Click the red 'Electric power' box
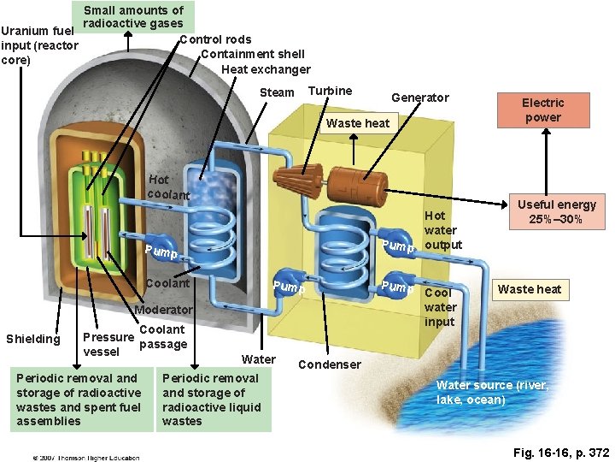tap(542, 110)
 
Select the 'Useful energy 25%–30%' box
tap(557, 211)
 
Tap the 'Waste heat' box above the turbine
tap(358, 123)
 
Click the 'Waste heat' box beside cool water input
tap(530, 289)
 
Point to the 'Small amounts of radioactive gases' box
tap(133, 16)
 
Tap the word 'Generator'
tap(419, 98)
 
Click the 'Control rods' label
tap(215, 39)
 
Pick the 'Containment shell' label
tap(252, 54)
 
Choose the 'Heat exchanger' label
tap(266, 69)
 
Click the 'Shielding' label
tap(33, 339)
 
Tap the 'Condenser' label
tap(329, 364)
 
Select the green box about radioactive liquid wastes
tap(212, 399)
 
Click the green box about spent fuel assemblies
tap(79, 399)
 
